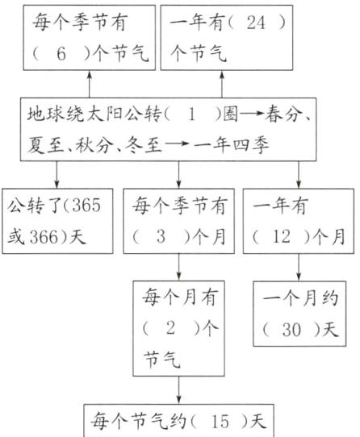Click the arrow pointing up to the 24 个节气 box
(220, 83)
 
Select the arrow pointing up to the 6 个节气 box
(88, 83)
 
